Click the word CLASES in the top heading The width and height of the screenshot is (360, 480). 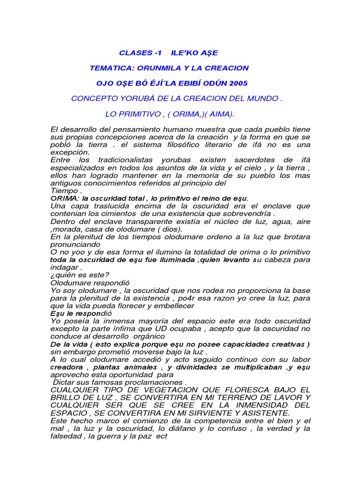coord(133,52)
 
